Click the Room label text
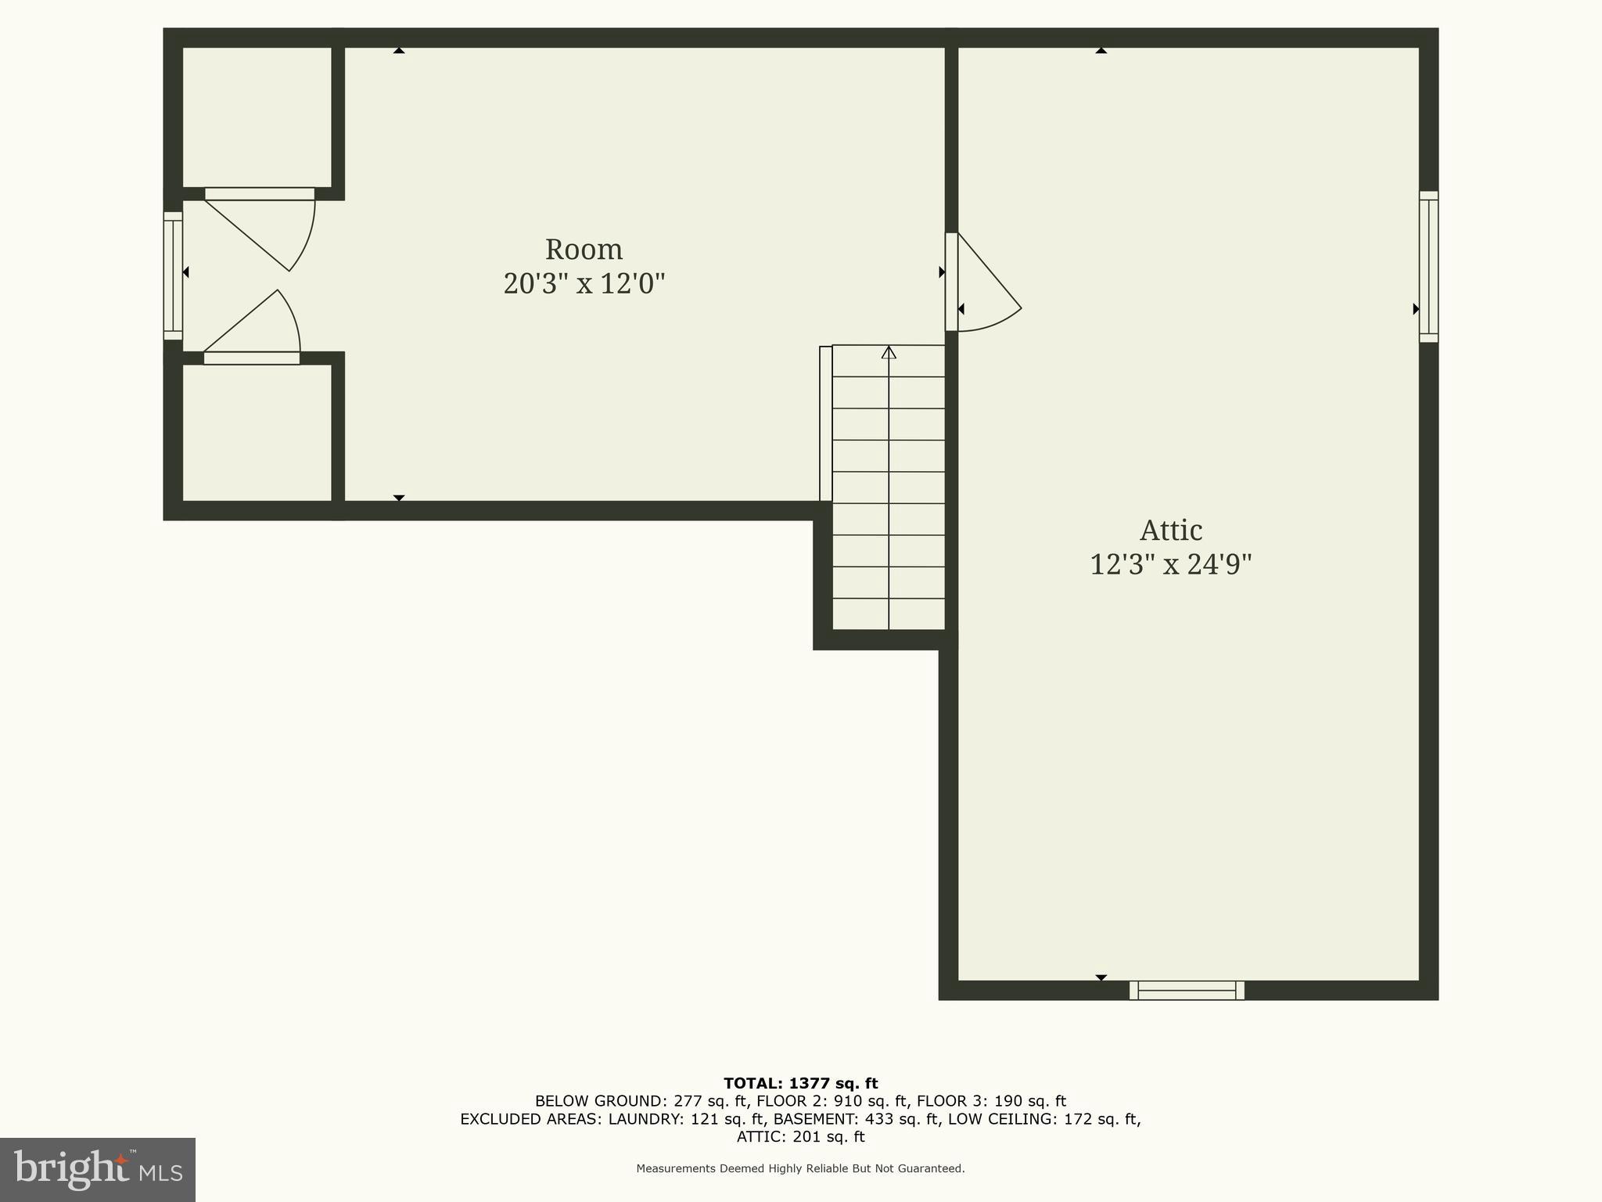pyautogui.click(x=584, y=250)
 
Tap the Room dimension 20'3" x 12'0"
pyautogui.click(x=584, y=283)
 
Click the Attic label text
pyautogui.click(x=1170, y=531)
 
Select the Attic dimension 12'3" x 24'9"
pyautogui.click(x=1170, y=564)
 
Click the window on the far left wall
pyautogui.click(x=173, y=275)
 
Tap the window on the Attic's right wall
pyautogui.click(x=1428, y=267)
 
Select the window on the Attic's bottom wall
pyautogui.click(x=1187, y=990)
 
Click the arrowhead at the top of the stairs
pyautogui.click(x=889, y=353)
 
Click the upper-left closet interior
pyautogui.click(x=257, y=117)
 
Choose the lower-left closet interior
pyautogui.click(x=257, y=433)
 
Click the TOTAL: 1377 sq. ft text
pyautogui.click(x=800, y=1084)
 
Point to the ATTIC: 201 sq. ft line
pyautogui.click(x=800, y=1137)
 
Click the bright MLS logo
pyautogui.click(x=98, y=1169)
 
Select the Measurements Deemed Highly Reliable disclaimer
pyautogui.click(x=800, y=1168)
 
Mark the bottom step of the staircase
pyautogui.click(x=889, y=615)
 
